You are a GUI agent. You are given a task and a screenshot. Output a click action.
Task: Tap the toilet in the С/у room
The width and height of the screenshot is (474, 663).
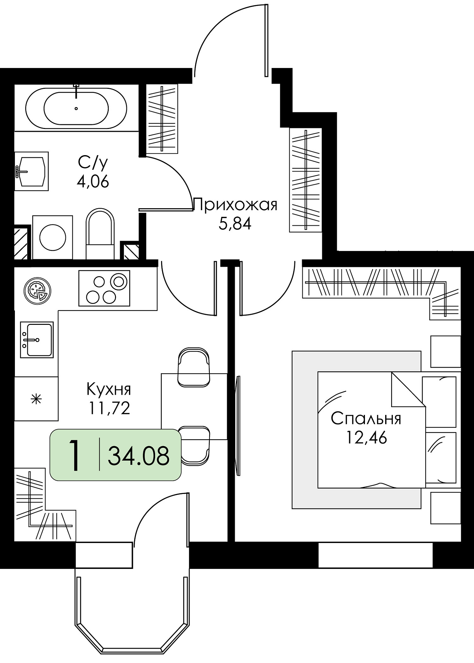[100, 234]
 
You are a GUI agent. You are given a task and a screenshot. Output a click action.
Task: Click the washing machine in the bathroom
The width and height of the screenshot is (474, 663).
[52, 237]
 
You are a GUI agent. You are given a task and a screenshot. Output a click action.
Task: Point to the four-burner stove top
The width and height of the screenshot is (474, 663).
[104, 288]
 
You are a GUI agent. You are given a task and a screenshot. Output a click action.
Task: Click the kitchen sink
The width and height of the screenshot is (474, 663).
[37, 339]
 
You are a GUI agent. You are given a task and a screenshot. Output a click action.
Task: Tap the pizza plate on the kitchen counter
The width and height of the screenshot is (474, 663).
[37, 291]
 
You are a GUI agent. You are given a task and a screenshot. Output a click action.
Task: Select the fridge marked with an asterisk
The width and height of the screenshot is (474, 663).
[36, 398]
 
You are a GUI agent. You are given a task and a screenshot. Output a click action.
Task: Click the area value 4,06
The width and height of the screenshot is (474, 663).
[93, 182]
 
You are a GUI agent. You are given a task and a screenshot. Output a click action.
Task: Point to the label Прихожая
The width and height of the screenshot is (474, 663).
[235, 205]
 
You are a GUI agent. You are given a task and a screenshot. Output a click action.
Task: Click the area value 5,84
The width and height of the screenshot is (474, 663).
[235, 224]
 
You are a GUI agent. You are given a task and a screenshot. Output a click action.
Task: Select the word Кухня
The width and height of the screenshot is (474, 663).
[109, 389]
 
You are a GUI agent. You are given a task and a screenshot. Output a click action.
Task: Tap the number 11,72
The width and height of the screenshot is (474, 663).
[109, 408]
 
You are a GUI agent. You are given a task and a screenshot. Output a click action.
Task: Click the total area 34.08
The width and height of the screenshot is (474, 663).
[139, 455]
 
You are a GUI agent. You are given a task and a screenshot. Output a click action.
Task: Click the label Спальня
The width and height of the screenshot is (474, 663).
[366, 419]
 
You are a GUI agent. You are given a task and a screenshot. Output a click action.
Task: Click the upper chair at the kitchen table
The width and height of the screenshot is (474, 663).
[194, 367]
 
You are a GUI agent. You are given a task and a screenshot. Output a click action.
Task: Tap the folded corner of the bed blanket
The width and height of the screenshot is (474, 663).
[408, 390]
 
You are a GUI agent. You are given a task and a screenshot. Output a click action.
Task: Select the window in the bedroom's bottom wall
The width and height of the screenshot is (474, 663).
[376, 555]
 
